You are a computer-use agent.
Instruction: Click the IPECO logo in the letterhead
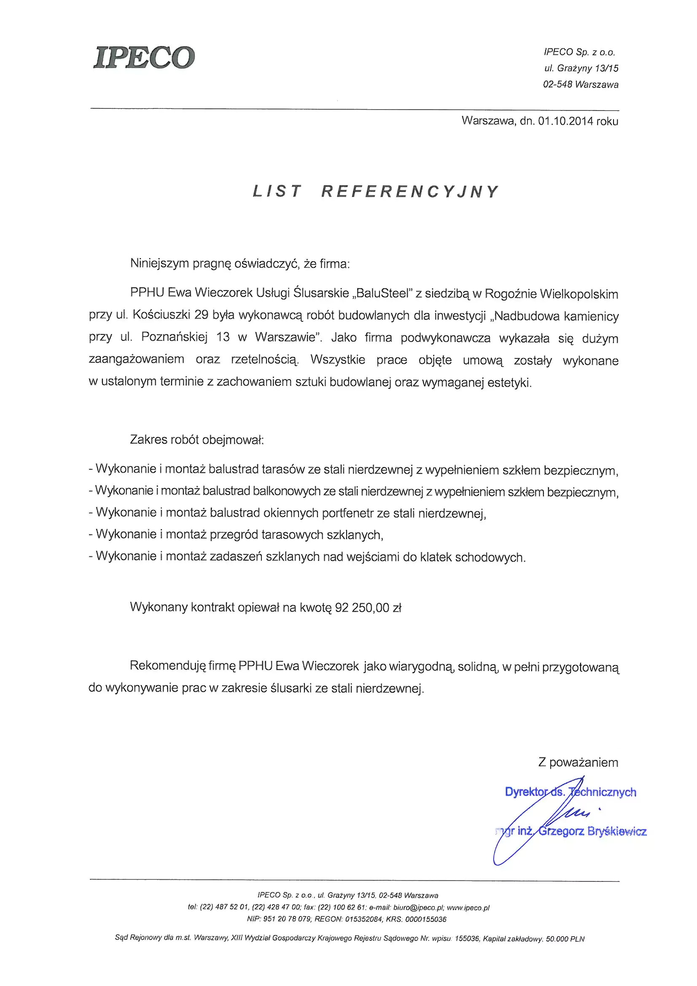tap(144, 57)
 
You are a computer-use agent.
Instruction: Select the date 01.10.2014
tap(565, 121)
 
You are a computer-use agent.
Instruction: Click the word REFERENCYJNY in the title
tap(410, 191)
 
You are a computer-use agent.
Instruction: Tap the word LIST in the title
tap(277, 191)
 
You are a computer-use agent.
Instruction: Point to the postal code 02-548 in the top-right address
tap(557, 85)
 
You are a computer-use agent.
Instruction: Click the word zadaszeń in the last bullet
tap(234, 557)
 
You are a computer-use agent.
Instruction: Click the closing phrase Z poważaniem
tap(578, 762)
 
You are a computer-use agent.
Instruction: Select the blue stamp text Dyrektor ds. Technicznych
tap(571, 792)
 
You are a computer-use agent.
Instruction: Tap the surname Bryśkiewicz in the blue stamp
tap(617, 831)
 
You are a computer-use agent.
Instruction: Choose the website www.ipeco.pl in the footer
tap(468, 908)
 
